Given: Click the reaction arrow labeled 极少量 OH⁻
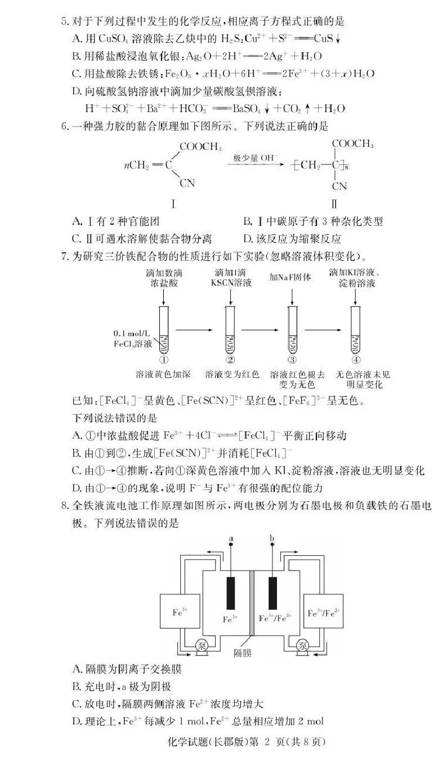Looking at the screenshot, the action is tap(256, 163).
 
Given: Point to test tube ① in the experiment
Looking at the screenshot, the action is tap(164, 329).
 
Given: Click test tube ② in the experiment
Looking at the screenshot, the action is tap(230, 329).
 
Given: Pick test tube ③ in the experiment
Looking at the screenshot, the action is tap(292, 329).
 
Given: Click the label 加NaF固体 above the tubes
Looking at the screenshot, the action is tap(290, 277).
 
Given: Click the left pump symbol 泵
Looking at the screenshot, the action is tap(200, 646).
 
